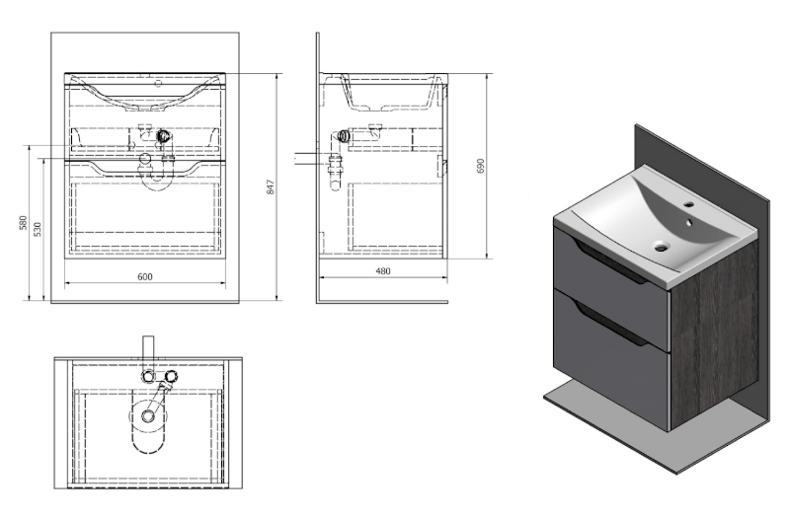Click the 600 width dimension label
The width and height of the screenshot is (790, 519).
(x=144, y=276)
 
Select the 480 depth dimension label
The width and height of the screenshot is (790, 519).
(x=383, y=270)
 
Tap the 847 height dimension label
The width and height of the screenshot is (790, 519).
(x=271, y=187)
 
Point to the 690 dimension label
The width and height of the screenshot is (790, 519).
(x=480, y=166)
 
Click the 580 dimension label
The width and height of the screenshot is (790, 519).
(x=23, y=223)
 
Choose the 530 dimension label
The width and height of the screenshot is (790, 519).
(x=38, y=229)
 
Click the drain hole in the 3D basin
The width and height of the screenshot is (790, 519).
(x=661, y=247)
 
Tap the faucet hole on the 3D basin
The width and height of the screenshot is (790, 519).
(x=687, y=205)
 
